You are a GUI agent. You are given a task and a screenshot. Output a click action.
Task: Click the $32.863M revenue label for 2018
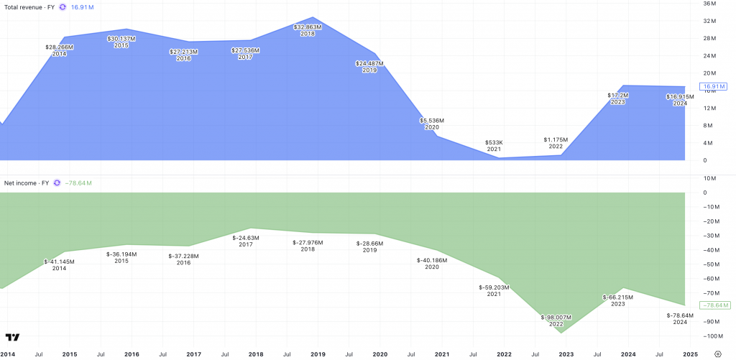click(x=308, y=27)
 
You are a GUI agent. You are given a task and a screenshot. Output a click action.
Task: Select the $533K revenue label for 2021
click(x=494, y=142)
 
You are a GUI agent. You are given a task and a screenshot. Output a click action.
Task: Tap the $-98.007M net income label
click(x=556, y=317)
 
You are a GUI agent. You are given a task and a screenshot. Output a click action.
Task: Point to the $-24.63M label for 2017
click(x=247, y=237)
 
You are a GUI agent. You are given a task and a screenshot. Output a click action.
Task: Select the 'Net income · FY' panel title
click(x=27, y=183)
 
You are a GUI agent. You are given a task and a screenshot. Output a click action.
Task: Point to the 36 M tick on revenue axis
click(x=709, y=4)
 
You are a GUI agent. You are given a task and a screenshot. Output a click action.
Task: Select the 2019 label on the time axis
click(x=318, y=354)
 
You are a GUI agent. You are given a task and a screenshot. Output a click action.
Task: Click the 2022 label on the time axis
click(x=505, y=354)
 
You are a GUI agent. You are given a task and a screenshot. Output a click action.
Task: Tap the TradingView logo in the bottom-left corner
click(x=12, y=337)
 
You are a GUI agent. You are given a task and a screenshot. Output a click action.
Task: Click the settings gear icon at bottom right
click(x=718, y=354)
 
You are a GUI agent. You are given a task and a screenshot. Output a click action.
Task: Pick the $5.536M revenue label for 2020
click(x=432, y=120)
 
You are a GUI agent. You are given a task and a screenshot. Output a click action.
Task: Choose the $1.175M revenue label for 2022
click(x=556, y=139)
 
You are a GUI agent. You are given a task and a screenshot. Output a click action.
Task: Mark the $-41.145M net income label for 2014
click(x=59, y=262)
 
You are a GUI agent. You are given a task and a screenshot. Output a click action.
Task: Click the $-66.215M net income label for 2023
click(x=617, y=297)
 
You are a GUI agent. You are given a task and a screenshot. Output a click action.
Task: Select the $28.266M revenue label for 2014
click(x=59, y=47)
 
